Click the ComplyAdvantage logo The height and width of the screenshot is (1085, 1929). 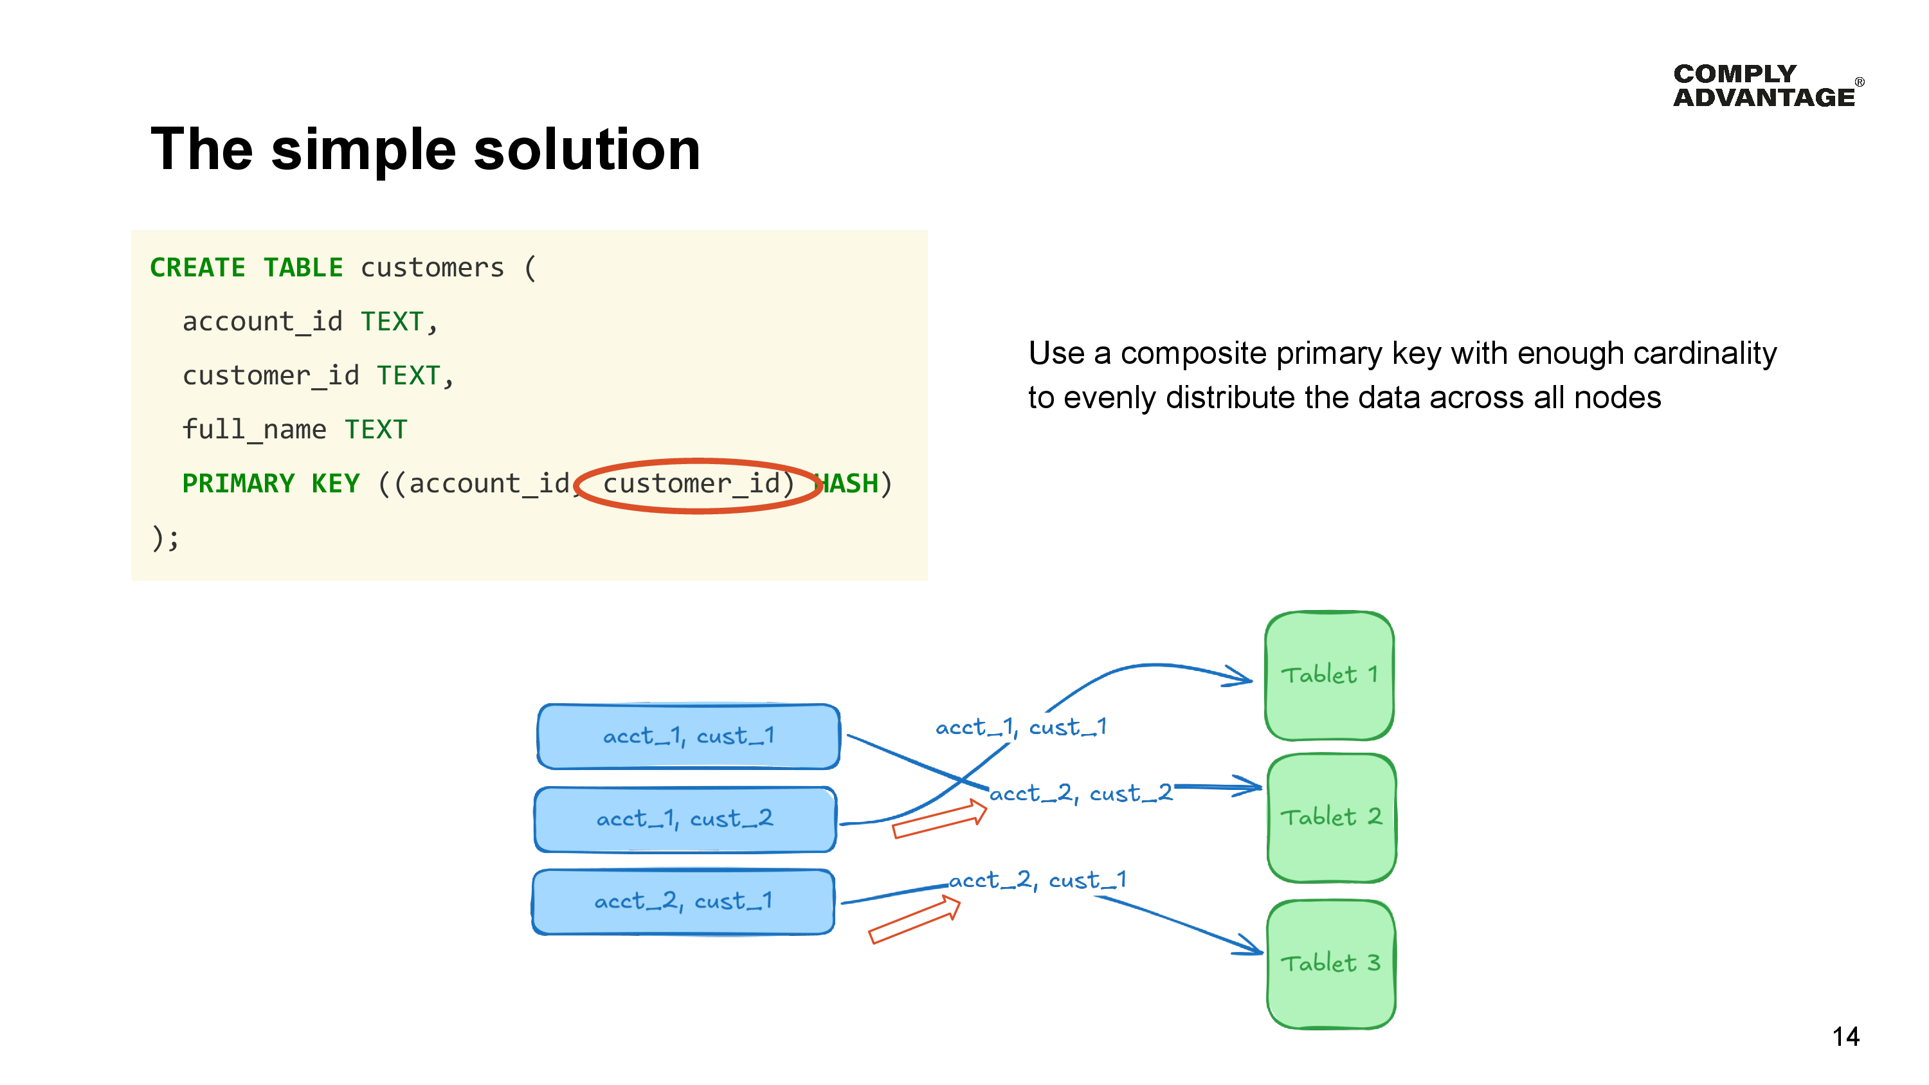pyautogui.click(x=1766, y=85)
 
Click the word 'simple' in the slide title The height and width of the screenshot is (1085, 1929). pyautogui.click(x=363, y=150)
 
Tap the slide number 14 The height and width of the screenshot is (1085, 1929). pyautogui.click(x=1845, y=1036)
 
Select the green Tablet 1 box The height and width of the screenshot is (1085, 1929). pyautogui.click(x=1328, y=676)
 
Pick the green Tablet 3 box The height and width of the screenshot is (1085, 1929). pyautogui.click(x=1330, y=963)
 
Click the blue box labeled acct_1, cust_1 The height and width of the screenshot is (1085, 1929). pyautogui.click(x=688, y=736)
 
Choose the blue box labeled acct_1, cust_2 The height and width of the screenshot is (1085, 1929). pyautogui.click(x=684, y=819)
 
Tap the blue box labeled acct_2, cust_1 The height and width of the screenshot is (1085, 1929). pyautogui.click(x=683, y=902)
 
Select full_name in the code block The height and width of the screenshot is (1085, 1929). pyautogui.click(x=254, y=430)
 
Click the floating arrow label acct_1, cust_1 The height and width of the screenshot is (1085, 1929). pyautogui.click(x=1020, y=727)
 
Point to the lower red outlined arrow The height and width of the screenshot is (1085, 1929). pyautogui.click(x=914, y=920)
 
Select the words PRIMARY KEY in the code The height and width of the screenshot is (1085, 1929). pyautogui.click(x=270, y=484)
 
